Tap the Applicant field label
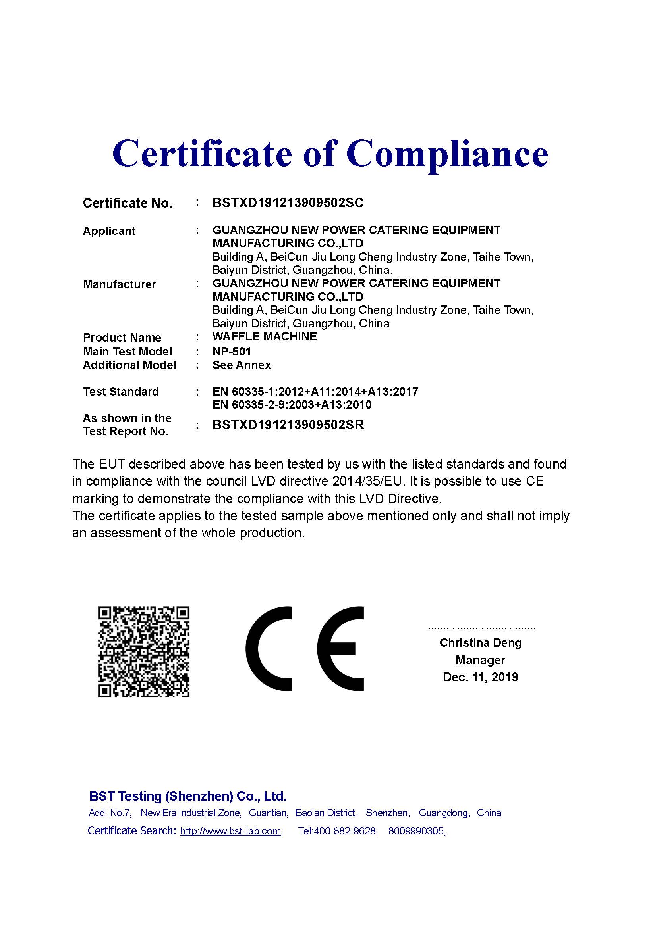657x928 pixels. pyautogui.click(x=109, y=231)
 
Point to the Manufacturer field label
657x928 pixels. pyautogui.click(x=119, y=284)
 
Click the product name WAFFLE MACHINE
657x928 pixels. pyautogui.click(x=265, y=336)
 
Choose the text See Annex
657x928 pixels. pyautogui.click(x=242, y=365)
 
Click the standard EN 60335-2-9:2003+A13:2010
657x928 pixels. pyautogui.click(x=292, y=405)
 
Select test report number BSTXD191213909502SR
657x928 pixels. pyautogui.click(x=288, y=425)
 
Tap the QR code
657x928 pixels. pyautogui.click(x=144, y=651)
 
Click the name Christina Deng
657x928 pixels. pyautogui.click(x=480, y=643)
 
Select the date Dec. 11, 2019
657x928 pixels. pyautogui.click(x=480, y=677)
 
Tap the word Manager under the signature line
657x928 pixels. pyautogui.click(x=480, y=660)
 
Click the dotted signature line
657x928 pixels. pyautogui.click(x=480, y=629)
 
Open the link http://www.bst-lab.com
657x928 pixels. pyautogui.click(x=231, y=831)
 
